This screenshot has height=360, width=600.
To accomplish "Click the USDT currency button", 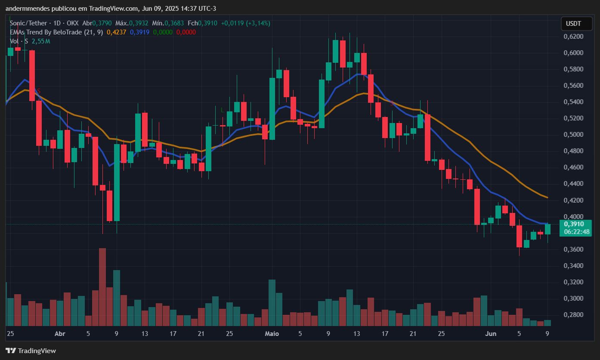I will coord(573,24).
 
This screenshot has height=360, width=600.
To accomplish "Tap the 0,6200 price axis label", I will coord(573,37).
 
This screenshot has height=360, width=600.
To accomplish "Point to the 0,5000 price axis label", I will coord(573,135).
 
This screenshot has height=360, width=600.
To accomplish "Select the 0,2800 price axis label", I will coord(573,315).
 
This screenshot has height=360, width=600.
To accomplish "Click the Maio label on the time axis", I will coord(272,334).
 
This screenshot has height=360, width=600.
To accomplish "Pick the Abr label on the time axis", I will coord(60,334).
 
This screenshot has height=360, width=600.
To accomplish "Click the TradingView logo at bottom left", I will coord(31,351).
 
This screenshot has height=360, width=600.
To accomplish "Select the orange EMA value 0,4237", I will coord(116,32).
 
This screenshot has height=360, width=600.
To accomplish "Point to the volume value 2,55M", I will coord(40,41).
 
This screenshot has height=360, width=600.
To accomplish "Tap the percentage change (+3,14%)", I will coord(258,23).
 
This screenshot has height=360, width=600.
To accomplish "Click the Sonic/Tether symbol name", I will coord(28,23).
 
